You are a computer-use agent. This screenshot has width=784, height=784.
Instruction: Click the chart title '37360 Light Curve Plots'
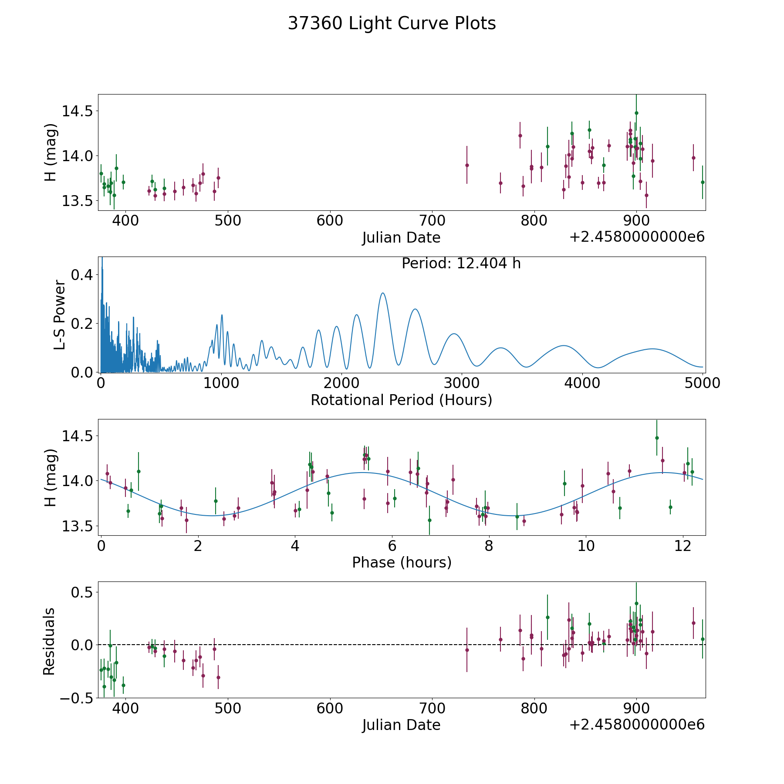tap(392, 24)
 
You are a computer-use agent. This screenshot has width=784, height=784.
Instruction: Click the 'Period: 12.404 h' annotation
tap(461, 264)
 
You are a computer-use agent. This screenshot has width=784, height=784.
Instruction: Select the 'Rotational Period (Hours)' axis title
tap(401, 400)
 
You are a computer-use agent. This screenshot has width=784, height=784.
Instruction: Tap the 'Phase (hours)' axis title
tap(402, 562)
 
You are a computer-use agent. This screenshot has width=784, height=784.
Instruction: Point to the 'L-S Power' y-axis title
tap(60, 314)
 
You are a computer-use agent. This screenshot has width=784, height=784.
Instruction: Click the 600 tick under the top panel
tap(330, 221)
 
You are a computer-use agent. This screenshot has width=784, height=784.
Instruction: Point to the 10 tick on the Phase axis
tap(586, 546)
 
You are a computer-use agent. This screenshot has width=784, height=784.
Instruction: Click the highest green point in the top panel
tap(636, 113)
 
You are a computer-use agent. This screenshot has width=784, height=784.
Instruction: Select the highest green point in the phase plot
tap(657, 438)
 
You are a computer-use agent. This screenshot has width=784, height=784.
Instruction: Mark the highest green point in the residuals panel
tap(636, 603)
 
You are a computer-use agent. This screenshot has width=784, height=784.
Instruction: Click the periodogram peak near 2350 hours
tap(382, 293)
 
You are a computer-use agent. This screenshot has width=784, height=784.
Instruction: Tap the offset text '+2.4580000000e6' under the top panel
tap(637, 237)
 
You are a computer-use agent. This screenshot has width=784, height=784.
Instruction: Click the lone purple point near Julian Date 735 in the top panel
tap(467, 165)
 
